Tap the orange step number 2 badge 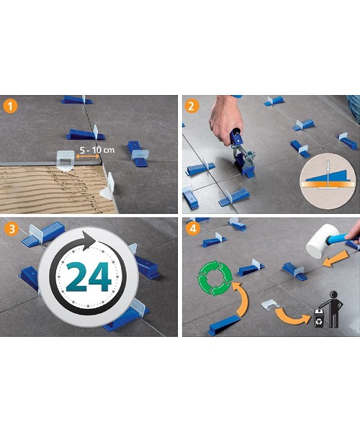[192, 107]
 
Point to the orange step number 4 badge [192, 230]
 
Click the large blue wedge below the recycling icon [227, 325]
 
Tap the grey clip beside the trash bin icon [269, 307]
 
